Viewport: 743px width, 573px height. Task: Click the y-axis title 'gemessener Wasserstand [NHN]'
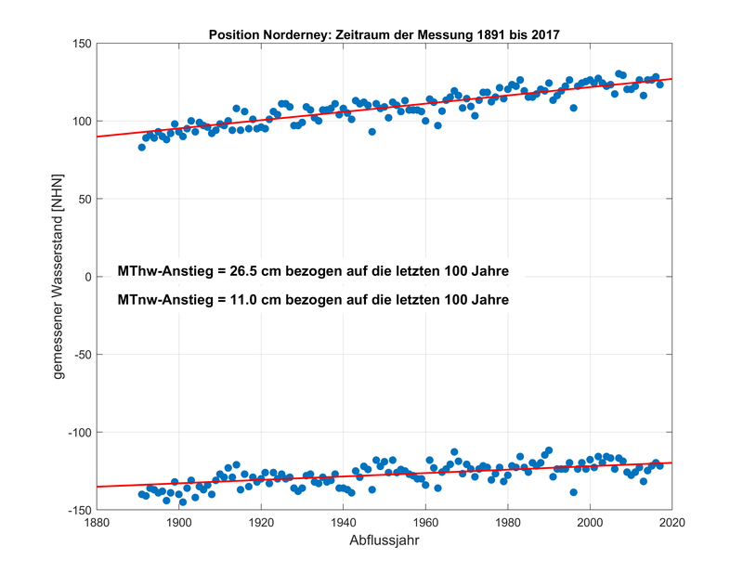pyautogui.click(x=58, y=277)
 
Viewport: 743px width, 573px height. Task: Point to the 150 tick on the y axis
pyautogui.click(x=77, y=44)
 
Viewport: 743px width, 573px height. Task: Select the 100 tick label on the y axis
pyautogui.click(x=77, y=122)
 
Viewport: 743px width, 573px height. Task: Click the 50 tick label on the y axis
pyautogui.click(x=81, y=200)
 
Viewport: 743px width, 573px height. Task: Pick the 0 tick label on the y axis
pyautogui.click(x=85, y=278)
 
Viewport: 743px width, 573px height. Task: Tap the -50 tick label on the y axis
pyautogui.click(x=78, y=355)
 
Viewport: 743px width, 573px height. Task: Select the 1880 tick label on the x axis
pyautogui.click(x=97, y=523)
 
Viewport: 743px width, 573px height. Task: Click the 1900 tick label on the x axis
pyautogui.click(x=179, y=523)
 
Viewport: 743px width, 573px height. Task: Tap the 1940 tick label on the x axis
pyautogui.click(x=344, y=523)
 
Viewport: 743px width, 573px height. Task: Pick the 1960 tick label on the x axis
pyautogui.click(x=426, y=523)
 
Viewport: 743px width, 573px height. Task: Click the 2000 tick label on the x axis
pyautogui.click(x=591, y=523)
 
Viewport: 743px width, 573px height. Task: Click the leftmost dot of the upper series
pyautogui.click(x=142, y=147)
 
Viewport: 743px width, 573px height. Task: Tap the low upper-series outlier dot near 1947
pyautogui.click(x=371, y=132)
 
